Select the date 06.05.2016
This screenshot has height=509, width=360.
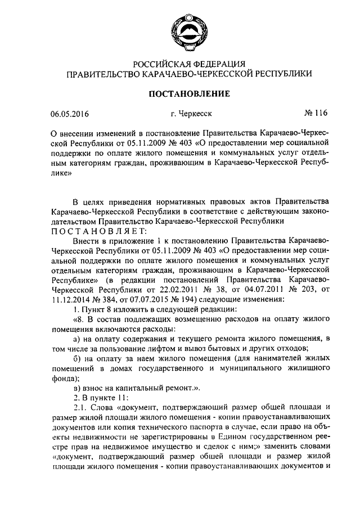pyautogui.click(x=69, y=114)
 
